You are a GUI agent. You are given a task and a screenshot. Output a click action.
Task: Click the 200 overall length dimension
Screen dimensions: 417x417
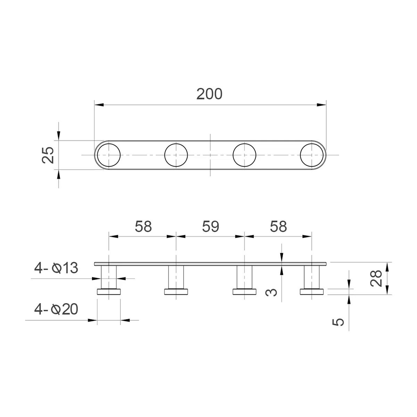(x=209, y=94)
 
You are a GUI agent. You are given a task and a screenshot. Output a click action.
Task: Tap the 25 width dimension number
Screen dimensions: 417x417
(x=48, y=155)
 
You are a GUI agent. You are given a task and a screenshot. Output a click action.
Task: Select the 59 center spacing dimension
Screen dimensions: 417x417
(x=211, y=227)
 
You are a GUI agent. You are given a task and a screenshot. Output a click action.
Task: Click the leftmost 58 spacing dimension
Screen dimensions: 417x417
(x=143, y=227)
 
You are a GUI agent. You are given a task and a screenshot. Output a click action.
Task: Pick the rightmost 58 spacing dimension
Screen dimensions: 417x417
(x=278, y=227)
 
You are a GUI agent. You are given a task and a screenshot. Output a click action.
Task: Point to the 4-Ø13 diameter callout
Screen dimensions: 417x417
(x=56, y=268)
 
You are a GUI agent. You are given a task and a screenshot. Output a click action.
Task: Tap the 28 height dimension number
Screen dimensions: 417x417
(x=376, y=278)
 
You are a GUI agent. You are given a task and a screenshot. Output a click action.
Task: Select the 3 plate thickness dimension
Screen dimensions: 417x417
(x=271, y=292)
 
